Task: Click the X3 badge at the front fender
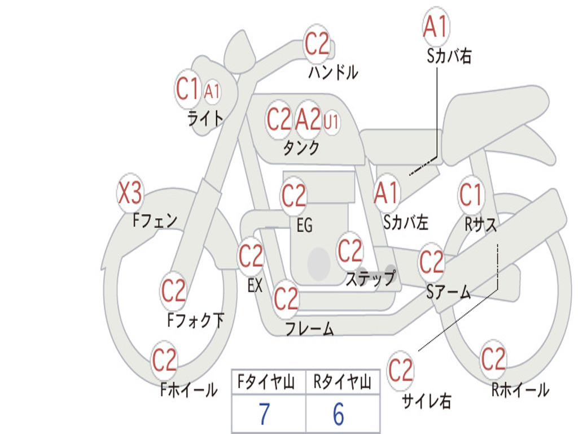130,194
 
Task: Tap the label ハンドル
333,72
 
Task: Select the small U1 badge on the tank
331,121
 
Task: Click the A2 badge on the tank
308,119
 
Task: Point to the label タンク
301,148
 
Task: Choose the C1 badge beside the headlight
188,89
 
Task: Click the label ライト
205,118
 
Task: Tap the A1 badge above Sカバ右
436,27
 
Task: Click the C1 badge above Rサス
471,195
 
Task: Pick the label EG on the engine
304,225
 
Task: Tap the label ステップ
370,278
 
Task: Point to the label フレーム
309,328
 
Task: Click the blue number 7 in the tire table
264,414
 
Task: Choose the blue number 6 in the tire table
338,414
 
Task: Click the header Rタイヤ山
342,383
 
